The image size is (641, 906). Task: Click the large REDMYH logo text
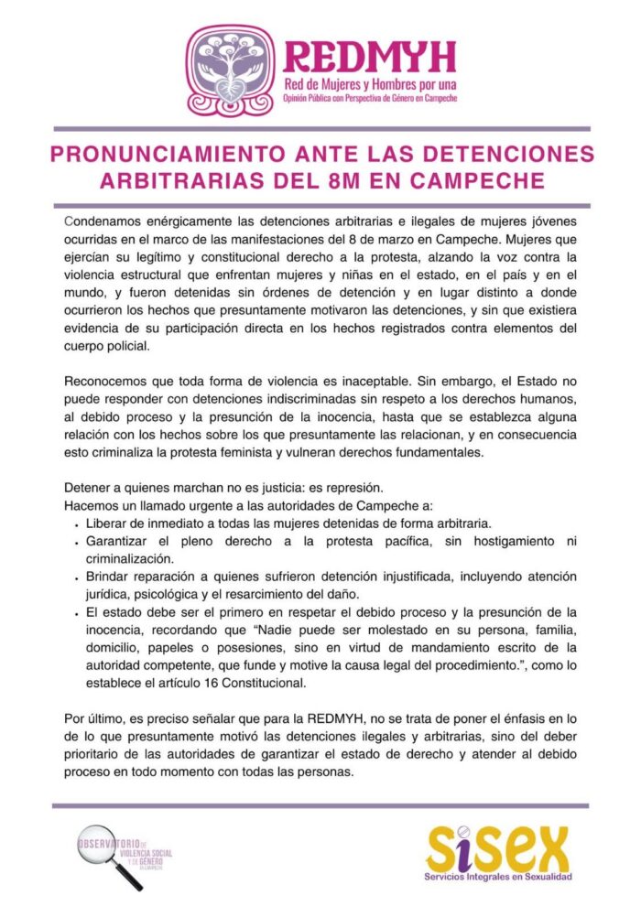pyautogui.click(x=369, y=57)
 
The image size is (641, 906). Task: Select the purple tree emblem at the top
pyautogui.click(x=230, y=69)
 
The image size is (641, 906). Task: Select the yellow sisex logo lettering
pyautogui.click(x=497, y=849)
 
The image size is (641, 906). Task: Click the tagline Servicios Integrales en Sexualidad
pyautogui.click(x=498, y=879)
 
